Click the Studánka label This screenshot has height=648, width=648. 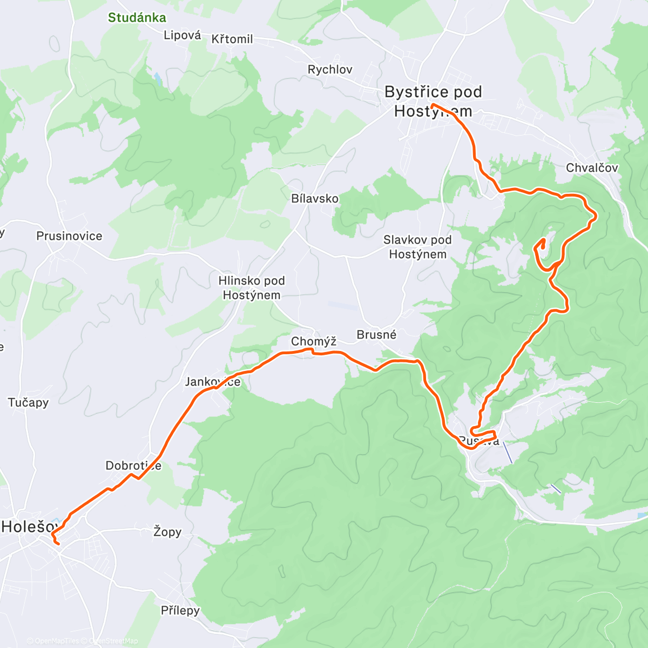pyautogui.click(x=137, y=17)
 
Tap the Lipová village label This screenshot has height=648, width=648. pyautogui.click(x=182, y=36)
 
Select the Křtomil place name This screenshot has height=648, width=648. pyautogui.click(x=232, y=39)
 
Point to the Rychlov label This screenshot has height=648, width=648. pyautogui.click(x=329, y=70)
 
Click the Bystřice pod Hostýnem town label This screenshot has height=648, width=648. pyautogui.click(x=433, y=102)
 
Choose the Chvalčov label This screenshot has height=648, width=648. pyautogui.click(x=592, y=168)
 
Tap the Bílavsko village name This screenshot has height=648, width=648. pyautogui.click(x=315, y=199)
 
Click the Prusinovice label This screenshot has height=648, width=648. pyautogui.click(x=69, y=236)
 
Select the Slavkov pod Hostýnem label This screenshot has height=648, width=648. pyautogui.click(x=417, y=247)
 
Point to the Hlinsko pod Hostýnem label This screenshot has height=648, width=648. pyautogui.click(x=251, y=288)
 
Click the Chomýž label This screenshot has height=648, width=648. pyautogui.click(x=313, y=341)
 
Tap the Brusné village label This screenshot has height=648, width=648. pyautogui.click(x=376, y=335)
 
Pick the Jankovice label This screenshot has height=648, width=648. pyautogui.click(x=213, y=382)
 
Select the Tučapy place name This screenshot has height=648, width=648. pyautogui.click(x=28, y=402)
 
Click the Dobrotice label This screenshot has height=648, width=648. pyautogui.click(x=133, y=465)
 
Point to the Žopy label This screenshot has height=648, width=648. pyautogui.click(x=167, y=532)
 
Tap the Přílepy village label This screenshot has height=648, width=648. pyautogui.click(x=180, y=611)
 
